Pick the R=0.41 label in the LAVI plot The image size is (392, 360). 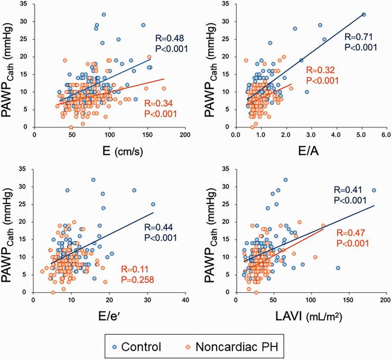[348, 189]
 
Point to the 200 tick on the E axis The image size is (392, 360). [185, 134]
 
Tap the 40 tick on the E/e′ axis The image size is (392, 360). [185, 299]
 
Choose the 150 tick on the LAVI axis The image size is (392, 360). [349, 299]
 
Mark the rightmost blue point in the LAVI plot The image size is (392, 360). [374, 190]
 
